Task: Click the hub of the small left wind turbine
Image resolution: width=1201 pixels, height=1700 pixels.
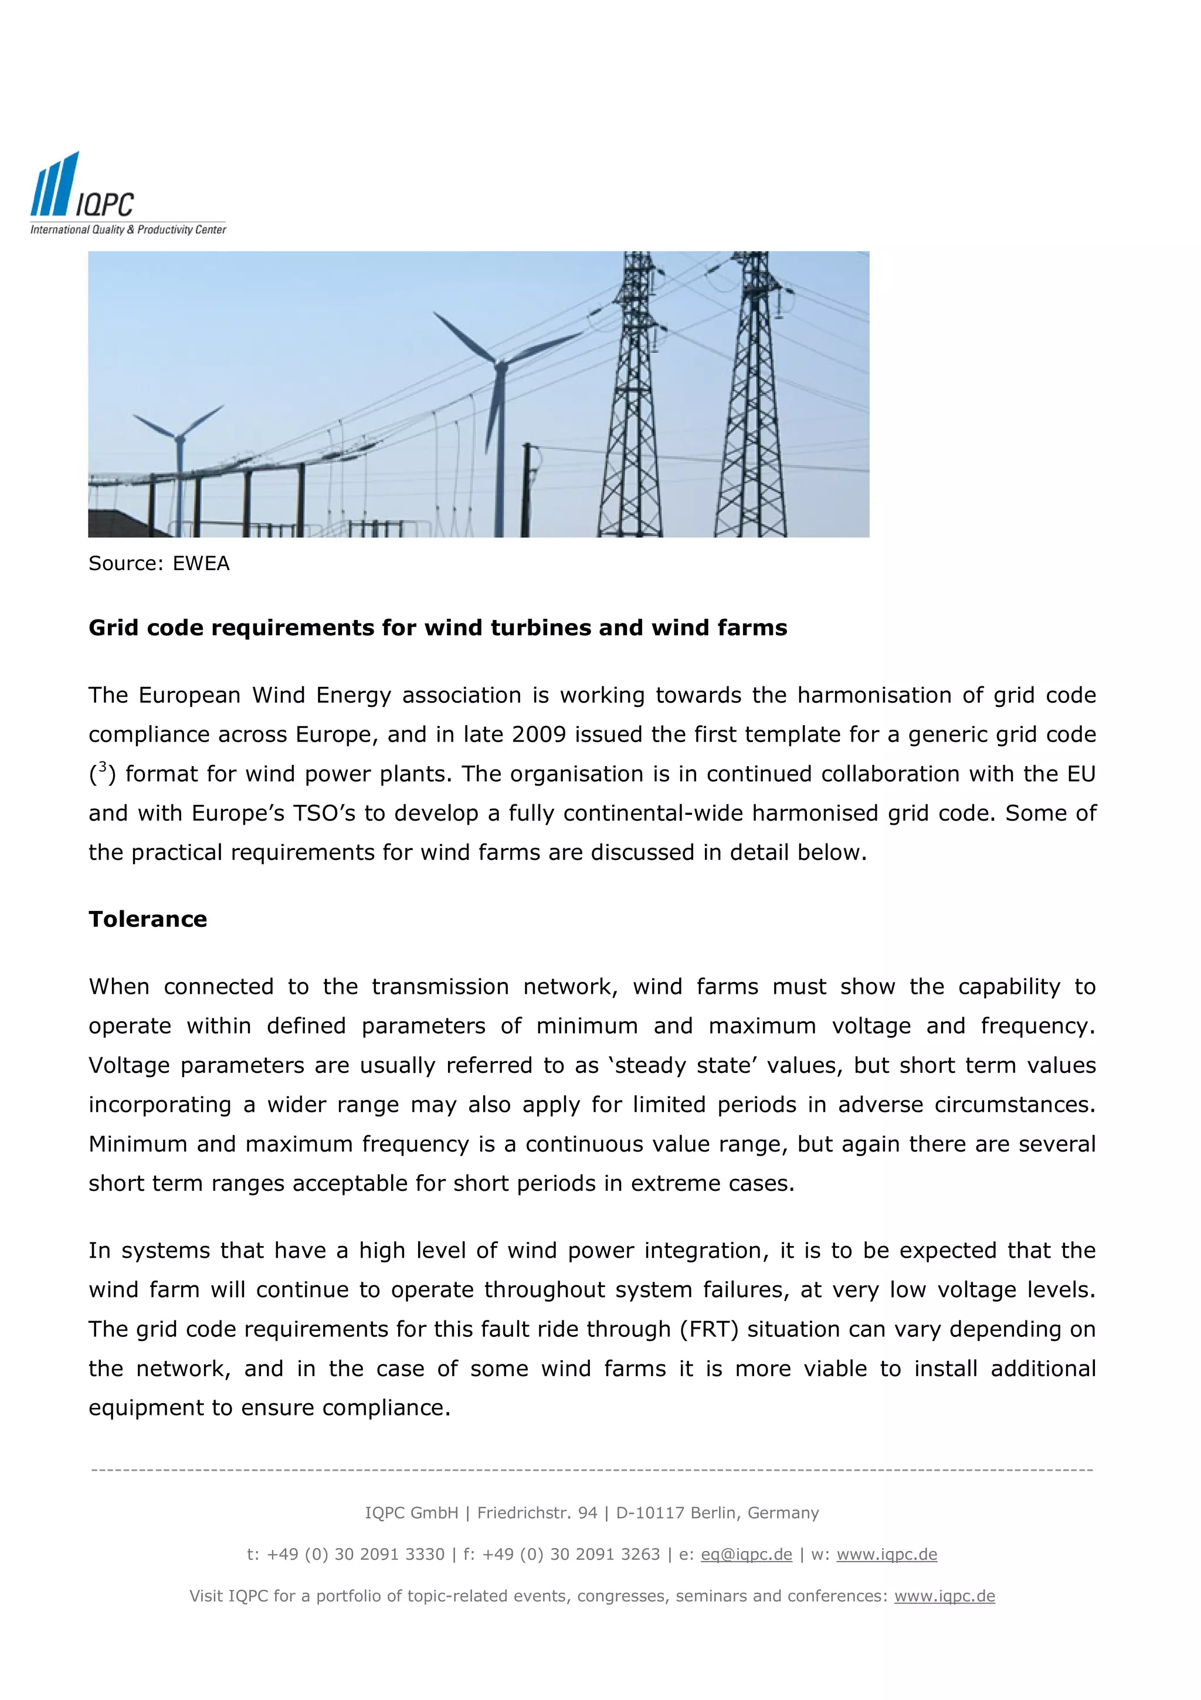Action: pos(180,438)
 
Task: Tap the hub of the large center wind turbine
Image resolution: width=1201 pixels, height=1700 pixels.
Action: pos(501,364)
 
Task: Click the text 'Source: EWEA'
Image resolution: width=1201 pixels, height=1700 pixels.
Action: pos(159,564)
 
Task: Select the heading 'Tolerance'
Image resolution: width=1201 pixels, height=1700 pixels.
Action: pos(148,919)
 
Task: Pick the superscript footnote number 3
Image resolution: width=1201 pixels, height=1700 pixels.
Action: pos(103,767)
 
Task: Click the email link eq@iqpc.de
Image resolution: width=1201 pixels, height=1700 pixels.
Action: pos(746,1554)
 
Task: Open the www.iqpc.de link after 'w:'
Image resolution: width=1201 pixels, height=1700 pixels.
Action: pos(887,1554)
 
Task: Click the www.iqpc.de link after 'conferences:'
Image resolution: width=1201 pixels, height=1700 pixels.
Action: pos(944,1596)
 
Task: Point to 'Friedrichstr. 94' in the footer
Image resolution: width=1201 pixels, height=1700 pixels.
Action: pos(537,1513)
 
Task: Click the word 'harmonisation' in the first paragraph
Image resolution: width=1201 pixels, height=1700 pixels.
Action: pos(876,695)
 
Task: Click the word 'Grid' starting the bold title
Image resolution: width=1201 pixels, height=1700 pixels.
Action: pos(115,628)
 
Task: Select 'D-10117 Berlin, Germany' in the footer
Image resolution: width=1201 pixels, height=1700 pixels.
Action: pos(717,1513)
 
